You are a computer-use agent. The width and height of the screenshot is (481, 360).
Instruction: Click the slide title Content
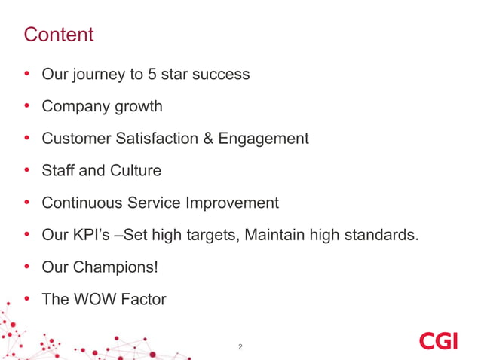pyautogui.click(x=59, y=35)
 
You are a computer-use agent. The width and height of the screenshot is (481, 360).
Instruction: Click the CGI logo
pyautogui.click(x=438, y=341)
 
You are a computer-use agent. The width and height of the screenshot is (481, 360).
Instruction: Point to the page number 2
pyautogui.click(x=240, y=347)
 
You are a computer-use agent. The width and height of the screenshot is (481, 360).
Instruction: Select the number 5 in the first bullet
pyautogui.click(x=155, y=75)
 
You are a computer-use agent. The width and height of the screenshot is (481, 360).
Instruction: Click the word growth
pyautogui.click(x=137, y=107)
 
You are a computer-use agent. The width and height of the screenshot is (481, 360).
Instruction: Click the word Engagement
pyautogui.click(x=263, y=139)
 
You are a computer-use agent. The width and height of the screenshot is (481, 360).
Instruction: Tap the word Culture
pyautogui.click(x=135, y=171)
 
